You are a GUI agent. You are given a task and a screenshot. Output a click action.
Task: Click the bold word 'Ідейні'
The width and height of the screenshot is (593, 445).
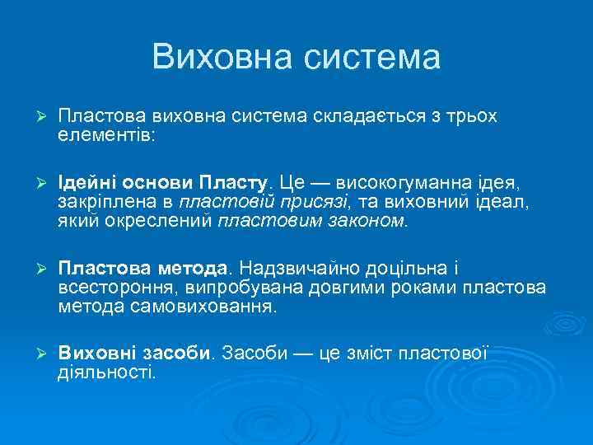[85, 180]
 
